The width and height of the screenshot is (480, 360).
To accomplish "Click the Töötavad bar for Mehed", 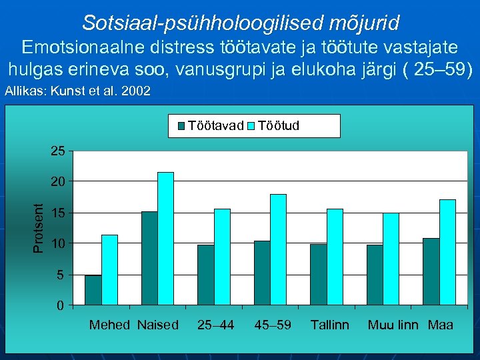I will click(x=93, y=290).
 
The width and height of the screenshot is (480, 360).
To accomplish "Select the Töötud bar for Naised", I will click(x=165, y=239).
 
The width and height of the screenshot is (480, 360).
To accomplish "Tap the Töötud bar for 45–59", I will click(x=278, y=249).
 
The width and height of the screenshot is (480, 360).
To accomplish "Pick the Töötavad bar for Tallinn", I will click(x=319, y=275).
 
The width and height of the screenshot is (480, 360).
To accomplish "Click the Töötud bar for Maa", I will click(x=447, y=252).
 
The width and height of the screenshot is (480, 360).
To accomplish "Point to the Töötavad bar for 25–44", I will click(x=206, y=275).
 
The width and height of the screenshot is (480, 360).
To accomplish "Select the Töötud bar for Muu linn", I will click(x=391, y=259).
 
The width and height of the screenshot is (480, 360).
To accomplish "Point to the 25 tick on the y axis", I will click(x=58, y=151).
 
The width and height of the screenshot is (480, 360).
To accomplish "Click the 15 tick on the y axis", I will click(x=58, y=213).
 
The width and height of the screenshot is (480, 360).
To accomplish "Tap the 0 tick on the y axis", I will click(x=61, y=305).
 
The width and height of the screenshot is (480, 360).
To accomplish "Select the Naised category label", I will click(x=158, y=325).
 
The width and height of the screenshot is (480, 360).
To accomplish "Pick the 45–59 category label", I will click(x=273, y=325).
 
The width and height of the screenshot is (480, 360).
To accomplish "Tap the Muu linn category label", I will click(x=393, y=325).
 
